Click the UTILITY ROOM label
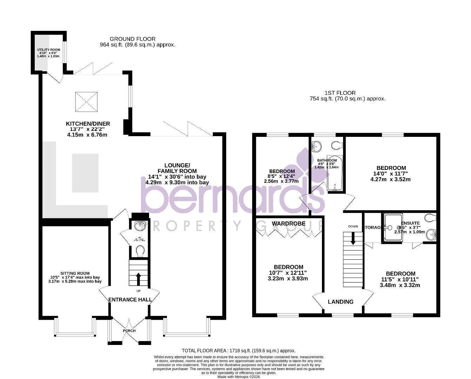(48, 50)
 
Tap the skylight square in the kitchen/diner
(87, 101)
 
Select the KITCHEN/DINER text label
(88, 124)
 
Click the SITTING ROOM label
(75, 273)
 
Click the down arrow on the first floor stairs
(353, 239)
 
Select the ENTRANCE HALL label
(130, 299)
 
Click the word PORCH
(129, 331)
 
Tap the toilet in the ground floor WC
(140, 251)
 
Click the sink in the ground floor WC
(140, 226)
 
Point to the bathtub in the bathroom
(335, 173)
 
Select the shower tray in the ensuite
(392, 228)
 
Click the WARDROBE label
(288, 224)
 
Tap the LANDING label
(341, 302)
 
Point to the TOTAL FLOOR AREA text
(238, 350)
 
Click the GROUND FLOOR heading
(132, 39)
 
